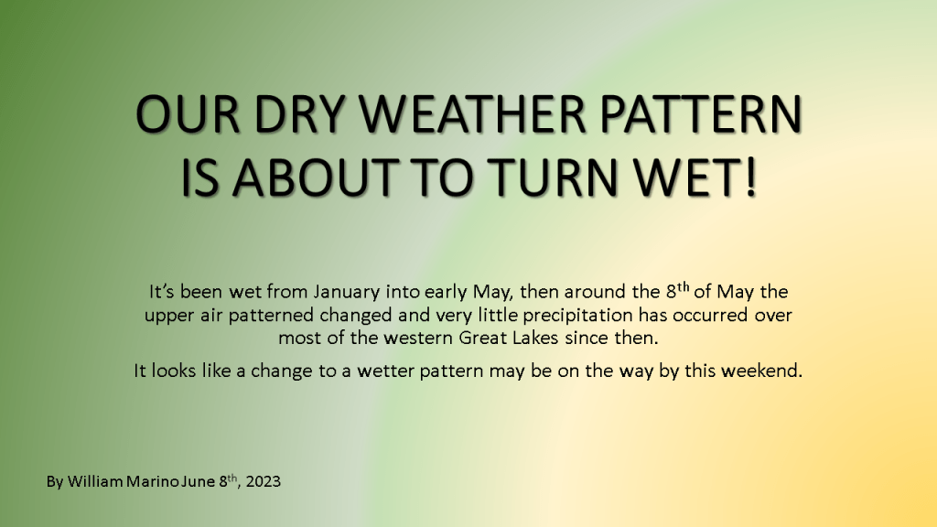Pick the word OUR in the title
tap(188, 113)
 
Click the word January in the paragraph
tap(347, 292)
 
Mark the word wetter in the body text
tap(386, 371)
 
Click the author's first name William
tap(95, 481)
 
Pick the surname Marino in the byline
tap(153, 481)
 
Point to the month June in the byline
tap(198, 481)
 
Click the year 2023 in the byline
tap(263, 481)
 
